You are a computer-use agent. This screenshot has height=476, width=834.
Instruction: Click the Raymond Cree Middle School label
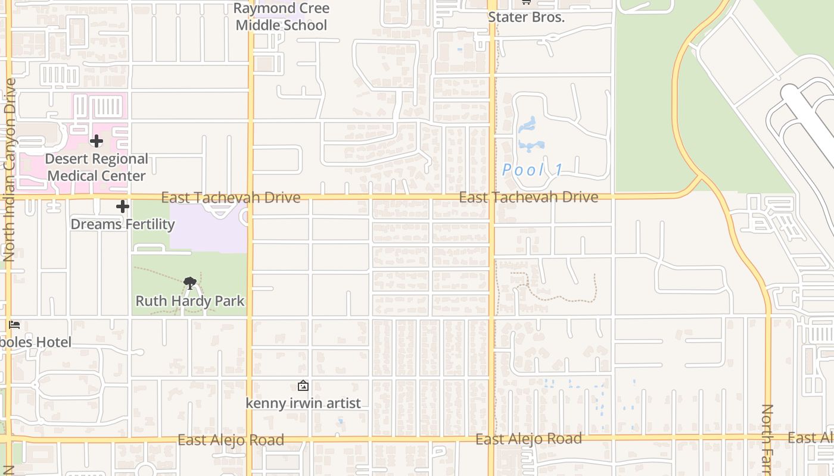coord(281,17)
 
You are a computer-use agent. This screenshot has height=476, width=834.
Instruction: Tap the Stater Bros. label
coord(526,17)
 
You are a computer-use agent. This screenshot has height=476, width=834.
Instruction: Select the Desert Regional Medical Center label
coord(97,167)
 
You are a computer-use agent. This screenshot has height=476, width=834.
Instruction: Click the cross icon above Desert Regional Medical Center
coord(97,141)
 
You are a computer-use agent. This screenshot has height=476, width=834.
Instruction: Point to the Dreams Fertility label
coord(123,224)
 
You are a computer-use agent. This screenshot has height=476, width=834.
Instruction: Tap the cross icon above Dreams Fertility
coord(123,206)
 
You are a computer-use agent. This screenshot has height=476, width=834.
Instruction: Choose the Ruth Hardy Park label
coord(190,301)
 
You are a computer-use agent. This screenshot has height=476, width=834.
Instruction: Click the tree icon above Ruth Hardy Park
coord(190,283)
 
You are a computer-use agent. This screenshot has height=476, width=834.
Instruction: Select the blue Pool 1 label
coord(532,171)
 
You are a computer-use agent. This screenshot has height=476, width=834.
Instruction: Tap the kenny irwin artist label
coord(303,403)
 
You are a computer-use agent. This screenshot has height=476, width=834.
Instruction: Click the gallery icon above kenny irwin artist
coord(303,386)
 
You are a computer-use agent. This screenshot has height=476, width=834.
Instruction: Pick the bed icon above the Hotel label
coord(15,325)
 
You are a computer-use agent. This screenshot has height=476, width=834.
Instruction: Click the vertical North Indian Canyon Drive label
coord(9,170)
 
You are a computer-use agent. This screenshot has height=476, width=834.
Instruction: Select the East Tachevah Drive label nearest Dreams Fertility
coord(231,198)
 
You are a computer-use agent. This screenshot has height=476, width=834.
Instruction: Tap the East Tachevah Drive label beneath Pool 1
coord(528,197)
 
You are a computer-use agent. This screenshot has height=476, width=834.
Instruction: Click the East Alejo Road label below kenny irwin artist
coord(231,440)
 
